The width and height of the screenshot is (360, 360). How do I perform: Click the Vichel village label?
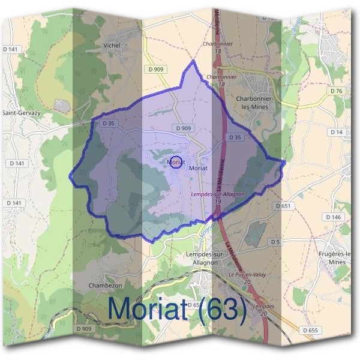pos(112,45)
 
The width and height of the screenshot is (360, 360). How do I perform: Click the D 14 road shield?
pos(337,131)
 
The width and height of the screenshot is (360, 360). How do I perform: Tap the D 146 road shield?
pos(334,217)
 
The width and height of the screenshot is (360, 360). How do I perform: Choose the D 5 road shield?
pos(275,241)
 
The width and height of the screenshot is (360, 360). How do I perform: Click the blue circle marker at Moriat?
pos(175,162)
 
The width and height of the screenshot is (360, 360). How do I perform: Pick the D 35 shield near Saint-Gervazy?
pos(108,123)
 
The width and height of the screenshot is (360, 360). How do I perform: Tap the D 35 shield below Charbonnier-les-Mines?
pos(235,137)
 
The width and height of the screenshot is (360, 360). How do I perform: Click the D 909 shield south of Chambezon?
pos(85,329)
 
